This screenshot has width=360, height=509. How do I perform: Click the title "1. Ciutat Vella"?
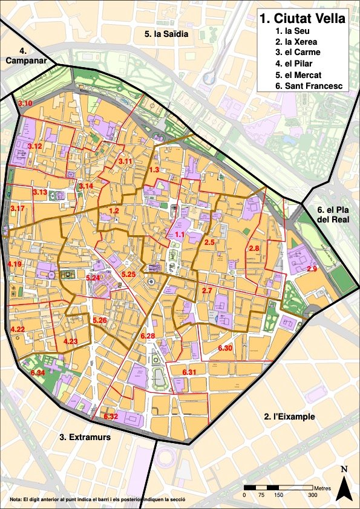[302, 18]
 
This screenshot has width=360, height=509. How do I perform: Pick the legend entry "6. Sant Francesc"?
[309, 86]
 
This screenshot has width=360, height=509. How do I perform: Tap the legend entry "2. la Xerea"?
[296, 42]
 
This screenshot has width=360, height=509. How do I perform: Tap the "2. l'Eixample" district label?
[290, 417]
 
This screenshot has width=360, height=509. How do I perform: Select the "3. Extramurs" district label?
[85, 436]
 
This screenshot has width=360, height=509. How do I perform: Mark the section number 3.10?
[25, 105]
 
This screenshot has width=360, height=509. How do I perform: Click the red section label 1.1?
[179, 234]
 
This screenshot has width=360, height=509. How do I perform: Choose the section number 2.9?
[312, 268]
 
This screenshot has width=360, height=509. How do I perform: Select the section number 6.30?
[224, 348]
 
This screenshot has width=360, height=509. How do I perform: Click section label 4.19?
[15, 264]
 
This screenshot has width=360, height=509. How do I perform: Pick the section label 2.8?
[254, 248]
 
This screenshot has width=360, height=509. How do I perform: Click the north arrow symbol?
[344, 484]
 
